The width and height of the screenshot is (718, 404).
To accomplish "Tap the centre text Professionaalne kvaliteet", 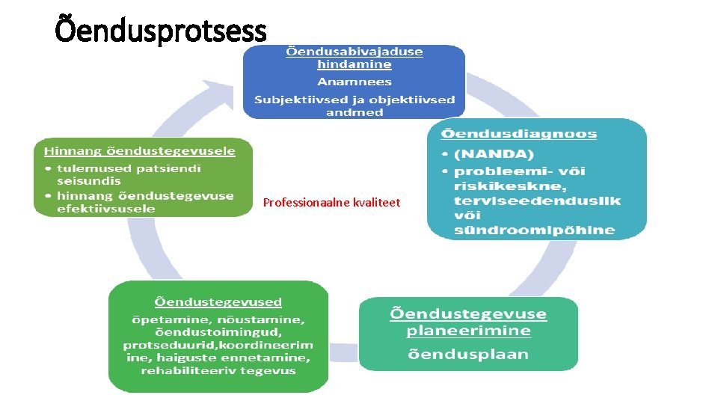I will [331, 203].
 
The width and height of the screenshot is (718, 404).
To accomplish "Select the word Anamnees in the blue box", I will [355, 82].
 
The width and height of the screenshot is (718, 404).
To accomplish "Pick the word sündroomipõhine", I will [534, 230].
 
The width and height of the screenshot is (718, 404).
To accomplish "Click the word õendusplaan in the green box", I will [468, 354].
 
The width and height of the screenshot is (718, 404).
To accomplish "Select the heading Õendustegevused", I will [218, 302].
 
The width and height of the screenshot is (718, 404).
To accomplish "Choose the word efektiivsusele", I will [106, 208].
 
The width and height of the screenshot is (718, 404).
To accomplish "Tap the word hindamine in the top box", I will [354, 64].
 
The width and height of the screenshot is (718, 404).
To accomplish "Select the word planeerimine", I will [468, 331].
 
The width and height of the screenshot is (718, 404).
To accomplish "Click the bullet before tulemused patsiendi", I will [47, 168].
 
